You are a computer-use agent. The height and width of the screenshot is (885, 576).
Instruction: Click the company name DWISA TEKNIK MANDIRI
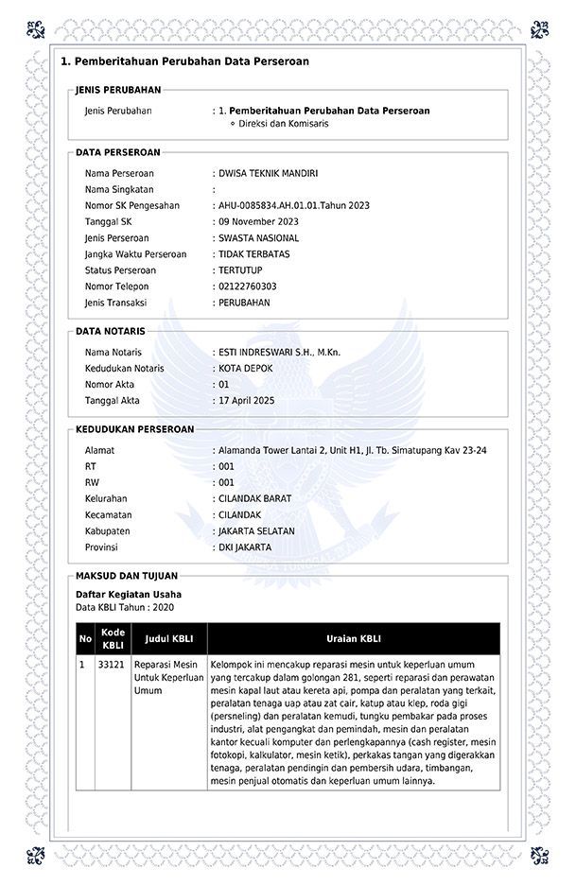269,174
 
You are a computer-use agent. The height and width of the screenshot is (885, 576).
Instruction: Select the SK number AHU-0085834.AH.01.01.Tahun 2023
294,206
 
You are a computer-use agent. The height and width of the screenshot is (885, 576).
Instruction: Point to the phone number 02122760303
248,286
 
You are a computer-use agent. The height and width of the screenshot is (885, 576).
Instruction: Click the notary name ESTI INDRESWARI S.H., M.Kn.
280,353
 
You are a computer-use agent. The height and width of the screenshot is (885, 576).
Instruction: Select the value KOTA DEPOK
246,369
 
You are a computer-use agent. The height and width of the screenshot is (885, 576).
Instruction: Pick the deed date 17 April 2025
246,401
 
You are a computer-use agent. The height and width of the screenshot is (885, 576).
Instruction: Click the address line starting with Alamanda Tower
352,451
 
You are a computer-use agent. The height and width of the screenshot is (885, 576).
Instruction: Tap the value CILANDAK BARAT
254,499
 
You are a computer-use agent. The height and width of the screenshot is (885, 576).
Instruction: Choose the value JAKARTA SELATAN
256,531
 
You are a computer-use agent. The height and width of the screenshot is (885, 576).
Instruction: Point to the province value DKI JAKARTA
245,547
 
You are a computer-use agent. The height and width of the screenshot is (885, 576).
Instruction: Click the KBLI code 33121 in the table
112,665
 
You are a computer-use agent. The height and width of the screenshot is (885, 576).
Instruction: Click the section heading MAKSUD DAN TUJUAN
126,576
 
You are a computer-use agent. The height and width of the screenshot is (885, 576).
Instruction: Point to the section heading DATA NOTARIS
111,332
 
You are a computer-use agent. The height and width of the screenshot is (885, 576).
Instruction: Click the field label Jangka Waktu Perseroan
135,254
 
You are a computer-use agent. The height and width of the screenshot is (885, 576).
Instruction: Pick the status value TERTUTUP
240,270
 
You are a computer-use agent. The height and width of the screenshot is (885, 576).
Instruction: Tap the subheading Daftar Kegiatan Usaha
128,595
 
